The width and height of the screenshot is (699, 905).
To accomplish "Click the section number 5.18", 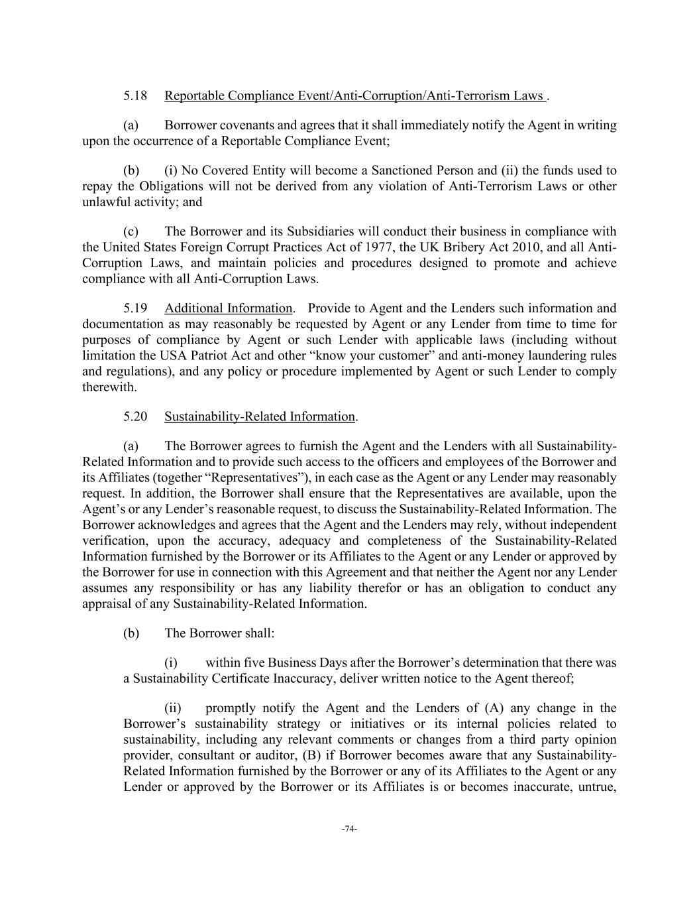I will tap(135, 96).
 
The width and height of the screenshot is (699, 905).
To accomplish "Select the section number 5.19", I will tap(135, 308).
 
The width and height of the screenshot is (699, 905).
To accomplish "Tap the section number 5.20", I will tap(135, 416).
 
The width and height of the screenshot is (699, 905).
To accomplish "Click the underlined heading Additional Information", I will tap(228, 308).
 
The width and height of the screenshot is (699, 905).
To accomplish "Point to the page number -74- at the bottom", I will tap(349, 829).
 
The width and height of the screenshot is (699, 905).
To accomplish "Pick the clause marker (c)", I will tap(131, 231).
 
